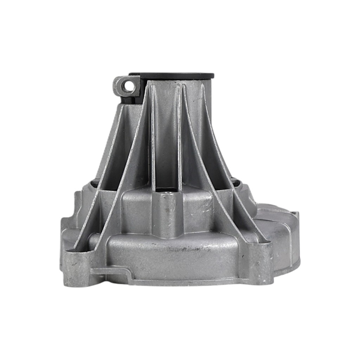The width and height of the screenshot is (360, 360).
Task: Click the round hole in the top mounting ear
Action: pos(127,86)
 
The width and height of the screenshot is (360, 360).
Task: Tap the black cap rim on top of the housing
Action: pos(180,76)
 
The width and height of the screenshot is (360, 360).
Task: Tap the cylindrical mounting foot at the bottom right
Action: pos(262,264)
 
